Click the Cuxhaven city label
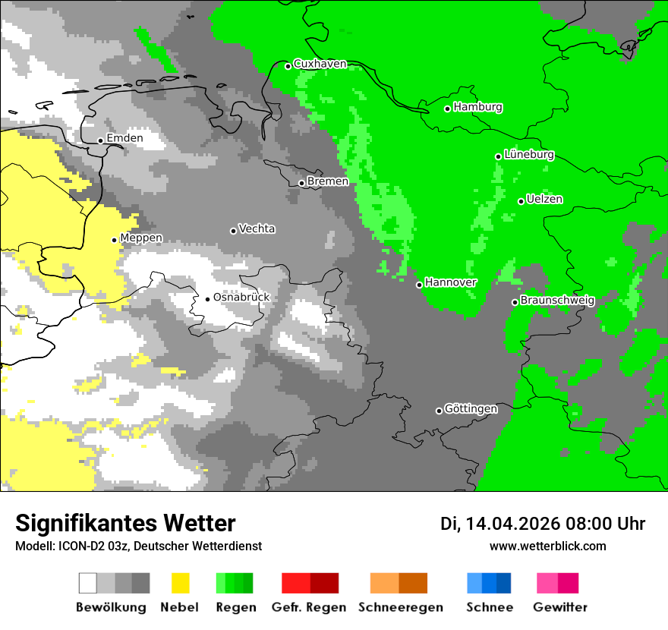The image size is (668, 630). click(320, 64)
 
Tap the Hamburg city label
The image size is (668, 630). click(477, 107)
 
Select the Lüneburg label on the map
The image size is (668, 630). click(528, 155)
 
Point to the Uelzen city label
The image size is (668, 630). click(544, 200)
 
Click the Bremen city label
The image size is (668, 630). click(327, 181)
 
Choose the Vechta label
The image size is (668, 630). click(257, 229)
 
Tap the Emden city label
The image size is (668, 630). click(124, 139)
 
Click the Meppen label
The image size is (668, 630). click(140, 238)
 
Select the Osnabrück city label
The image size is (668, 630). click(241, 298)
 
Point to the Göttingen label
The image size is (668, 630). click(471, 409)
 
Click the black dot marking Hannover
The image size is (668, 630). click(419, 285)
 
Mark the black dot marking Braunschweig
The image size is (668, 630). click(515, 302)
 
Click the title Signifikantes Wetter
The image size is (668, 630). click(125, 523)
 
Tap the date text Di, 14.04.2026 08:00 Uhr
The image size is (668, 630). click(542, 524)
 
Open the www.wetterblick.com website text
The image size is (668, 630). click(547, 546)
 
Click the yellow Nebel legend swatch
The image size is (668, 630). click(180, 583)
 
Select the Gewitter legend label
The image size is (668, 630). click(559, 607)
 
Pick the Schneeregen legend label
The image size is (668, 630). click(400, 607)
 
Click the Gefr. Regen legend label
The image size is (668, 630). click(309, 607)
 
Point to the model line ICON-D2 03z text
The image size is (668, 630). click(138, 546)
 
